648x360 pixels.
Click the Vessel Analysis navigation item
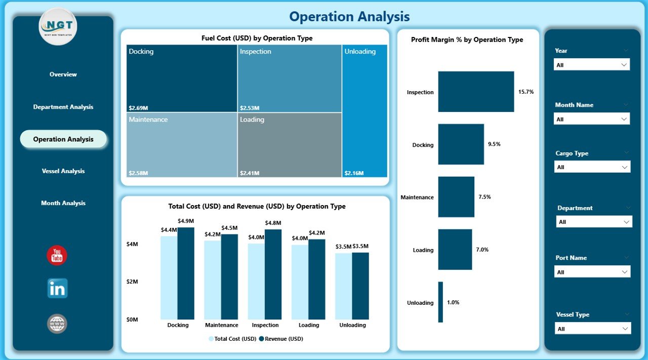click(63, 171)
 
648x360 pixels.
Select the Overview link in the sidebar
click(63, 74)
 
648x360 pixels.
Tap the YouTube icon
click(57, 256)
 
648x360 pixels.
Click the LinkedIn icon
click(57, 288)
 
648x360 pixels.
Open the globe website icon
click(57, 324)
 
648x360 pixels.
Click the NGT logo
click(58, 27)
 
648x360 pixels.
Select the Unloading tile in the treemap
click(364, 111)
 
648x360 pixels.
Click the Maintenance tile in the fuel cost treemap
click(182, 145)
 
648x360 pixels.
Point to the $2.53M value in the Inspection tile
click(250, 108)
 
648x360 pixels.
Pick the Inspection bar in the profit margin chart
click(476, 92)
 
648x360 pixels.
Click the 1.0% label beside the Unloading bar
click(453, 302)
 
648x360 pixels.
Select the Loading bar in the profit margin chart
click(455, 250)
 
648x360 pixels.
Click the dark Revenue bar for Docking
click(186, 273)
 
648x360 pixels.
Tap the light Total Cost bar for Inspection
click(256, 281)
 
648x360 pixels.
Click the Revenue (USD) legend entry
click(281, 339)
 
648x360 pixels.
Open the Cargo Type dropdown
click(592, 167)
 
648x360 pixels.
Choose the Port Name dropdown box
click(592, 272)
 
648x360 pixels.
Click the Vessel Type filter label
click(573, 314)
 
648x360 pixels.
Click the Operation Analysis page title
click(349, 17)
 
